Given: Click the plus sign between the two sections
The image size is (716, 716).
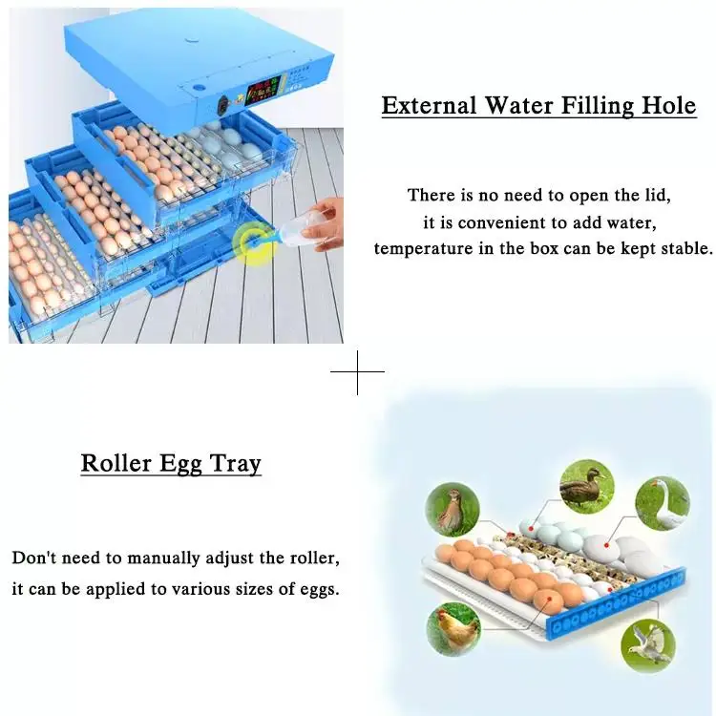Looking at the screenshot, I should (x=357, y=371).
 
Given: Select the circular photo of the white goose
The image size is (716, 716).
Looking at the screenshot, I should (x=663, y=502).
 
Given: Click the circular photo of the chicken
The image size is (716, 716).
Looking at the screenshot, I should (x=452, y=630).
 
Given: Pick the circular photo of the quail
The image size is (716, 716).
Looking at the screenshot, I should (x=451, y=509).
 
